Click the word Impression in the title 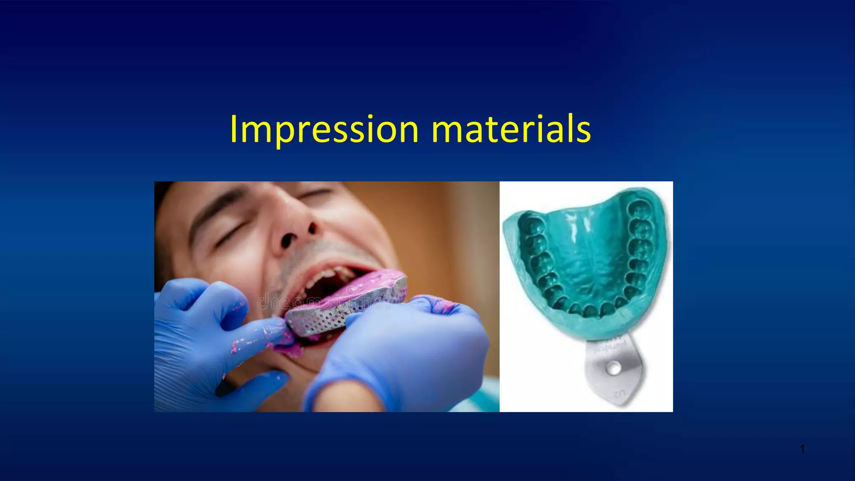[324, 129]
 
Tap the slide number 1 [802, 449]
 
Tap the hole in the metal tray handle [614, 368]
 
